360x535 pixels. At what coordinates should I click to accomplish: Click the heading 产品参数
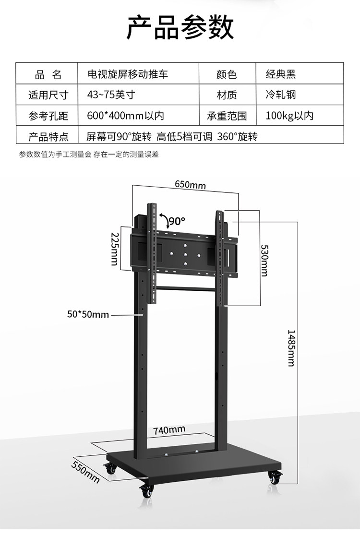[x=180, y=27]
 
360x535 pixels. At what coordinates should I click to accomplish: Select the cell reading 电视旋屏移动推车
[x=127, y=74]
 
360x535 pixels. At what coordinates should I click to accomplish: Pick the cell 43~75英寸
[x=110, y=95]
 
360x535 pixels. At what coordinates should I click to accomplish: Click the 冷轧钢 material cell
[x=281, y=95]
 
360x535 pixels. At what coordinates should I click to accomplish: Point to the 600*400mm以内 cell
[x=126, y=116]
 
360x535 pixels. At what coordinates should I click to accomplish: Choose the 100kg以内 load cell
[x=289, y=116]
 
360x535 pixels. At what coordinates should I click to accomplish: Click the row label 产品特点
[x=48, y=136]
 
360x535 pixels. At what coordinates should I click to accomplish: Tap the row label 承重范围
[x=227, y=116]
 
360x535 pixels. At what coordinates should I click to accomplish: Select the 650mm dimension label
[x=190, y=185]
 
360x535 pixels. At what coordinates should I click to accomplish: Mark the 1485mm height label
[x=290, y=348]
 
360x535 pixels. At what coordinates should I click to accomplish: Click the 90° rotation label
[x=177, y=221]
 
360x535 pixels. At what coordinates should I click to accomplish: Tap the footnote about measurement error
[x=89, y=155]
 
